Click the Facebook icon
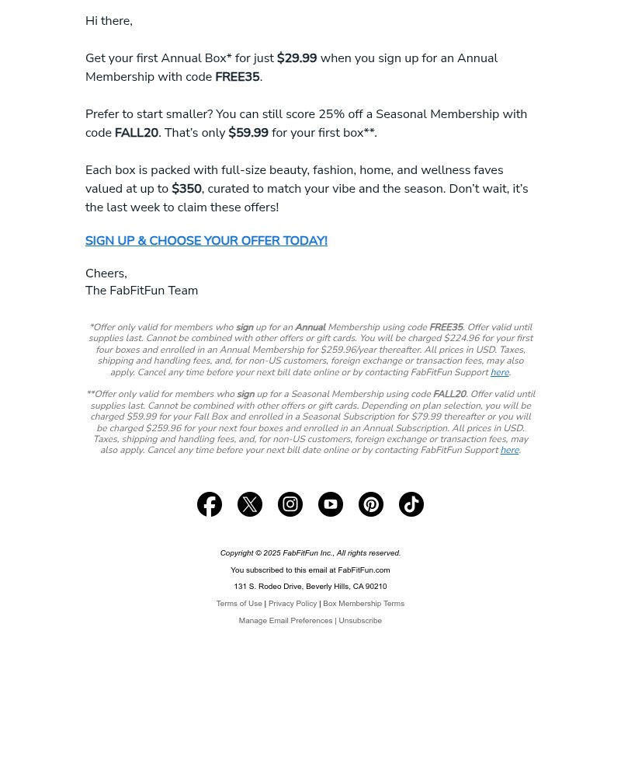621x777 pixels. coord(210,504)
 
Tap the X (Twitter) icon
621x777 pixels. coord(250,504)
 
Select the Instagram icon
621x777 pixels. coord(290,504)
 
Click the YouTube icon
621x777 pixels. coord(331,504)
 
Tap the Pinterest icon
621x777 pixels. coord(371,504)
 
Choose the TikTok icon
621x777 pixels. coord(411,504)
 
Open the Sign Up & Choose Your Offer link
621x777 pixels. coord(206,241)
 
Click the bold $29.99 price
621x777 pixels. coord(297,58)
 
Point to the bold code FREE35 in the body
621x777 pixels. coord(237,77)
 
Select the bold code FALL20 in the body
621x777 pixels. coord(136,133)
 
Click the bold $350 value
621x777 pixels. coord(186,189)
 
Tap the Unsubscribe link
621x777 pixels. coord(360,621)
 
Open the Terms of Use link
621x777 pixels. coord(239,604)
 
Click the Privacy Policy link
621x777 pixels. coord(293,604)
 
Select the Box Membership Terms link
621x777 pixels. coord(363,604)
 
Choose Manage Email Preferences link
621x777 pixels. coord(285,621)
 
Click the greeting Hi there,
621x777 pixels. coord(109,21)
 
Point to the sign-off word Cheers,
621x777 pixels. coord(106,274)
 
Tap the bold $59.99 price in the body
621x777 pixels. coord(248,133)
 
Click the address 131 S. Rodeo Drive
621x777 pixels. coord(268,587)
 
